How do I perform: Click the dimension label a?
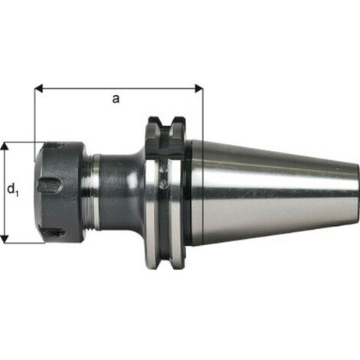tap(116, 98)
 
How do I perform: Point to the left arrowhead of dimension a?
tap(38, 87)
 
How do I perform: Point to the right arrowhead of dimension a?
tap(200, 87)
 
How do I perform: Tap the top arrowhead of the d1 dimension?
tap(6, 146)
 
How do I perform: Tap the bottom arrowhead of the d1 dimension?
tap(6, 238)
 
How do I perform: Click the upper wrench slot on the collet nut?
tap(50, 185)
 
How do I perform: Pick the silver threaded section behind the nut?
tap(92, 191)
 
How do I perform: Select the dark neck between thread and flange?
tap(119, 191)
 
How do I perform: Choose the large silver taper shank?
tap(268, 191)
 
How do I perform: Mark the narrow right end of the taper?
tap(355, 191)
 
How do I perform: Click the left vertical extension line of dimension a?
tap(35, 115)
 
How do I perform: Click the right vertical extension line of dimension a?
tap(203, 115)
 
